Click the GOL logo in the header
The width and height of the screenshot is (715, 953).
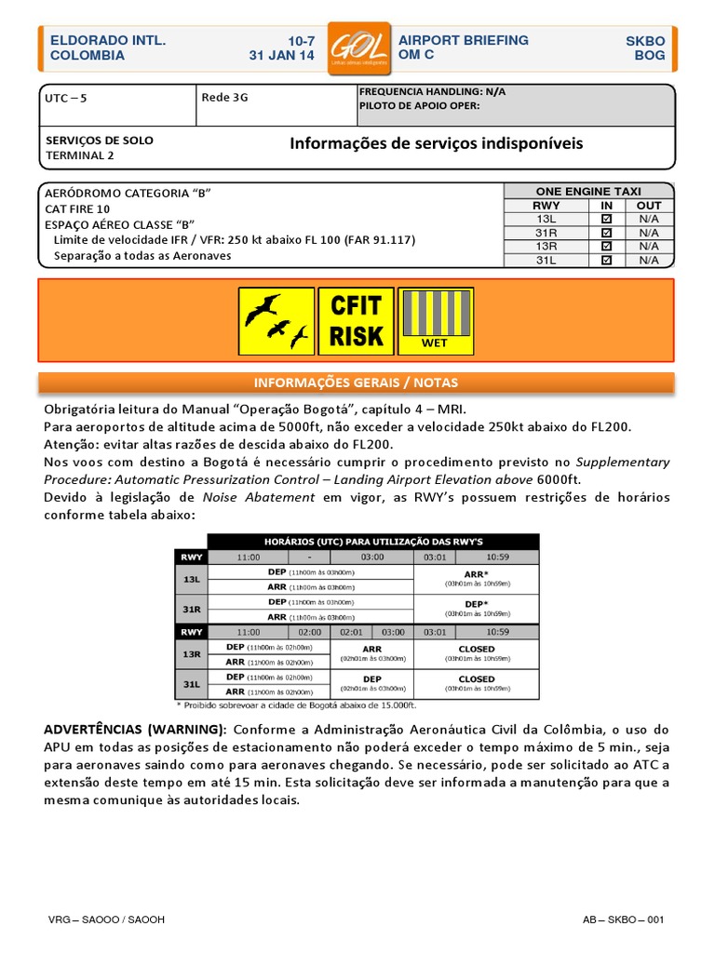point(357,48)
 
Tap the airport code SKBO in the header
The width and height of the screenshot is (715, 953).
point(645,42)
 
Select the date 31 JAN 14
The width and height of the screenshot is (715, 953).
point(282,56)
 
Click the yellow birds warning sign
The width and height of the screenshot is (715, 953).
point(277,321)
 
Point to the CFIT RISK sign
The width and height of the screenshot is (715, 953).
point(357,321)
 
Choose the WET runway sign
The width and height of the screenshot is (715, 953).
point(436,321)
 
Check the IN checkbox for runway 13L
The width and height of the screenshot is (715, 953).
point(607,219)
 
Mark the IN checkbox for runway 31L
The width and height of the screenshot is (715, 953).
point(607,261)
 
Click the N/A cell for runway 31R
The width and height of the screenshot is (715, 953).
point(649,233)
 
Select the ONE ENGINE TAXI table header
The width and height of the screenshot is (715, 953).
point(588,191)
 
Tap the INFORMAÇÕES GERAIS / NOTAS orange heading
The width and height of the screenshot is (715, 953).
point(356,383)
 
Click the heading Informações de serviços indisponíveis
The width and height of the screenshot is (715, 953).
point(437,143)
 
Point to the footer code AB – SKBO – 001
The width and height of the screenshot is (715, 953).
point(623,920)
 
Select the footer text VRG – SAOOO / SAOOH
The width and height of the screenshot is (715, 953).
point(107,920)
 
